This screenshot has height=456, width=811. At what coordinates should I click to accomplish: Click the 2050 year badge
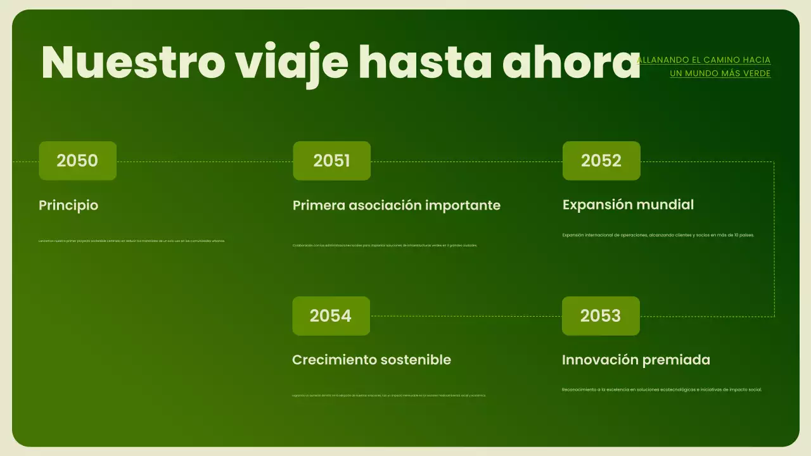tap(77, 161)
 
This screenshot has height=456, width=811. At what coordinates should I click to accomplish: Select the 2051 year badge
tap(331, 161)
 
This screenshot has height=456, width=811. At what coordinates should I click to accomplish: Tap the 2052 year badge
tap(601, 161)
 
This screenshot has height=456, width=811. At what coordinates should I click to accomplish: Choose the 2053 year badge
tap(601, 316)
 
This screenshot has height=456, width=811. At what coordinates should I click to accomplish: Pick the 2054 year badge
tap(331, 316)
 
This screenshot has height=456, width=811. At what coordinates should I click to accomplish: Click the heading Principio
tap(68, 205)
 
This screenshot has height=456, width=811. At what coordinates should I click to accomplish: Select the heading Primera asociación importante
tap(396, 205)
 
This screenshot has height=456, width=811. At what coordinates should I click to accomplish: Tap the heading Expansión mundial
tap(628, 205)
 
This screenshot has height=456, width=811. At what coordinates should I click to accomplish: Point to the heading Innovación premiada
tap(635, 360)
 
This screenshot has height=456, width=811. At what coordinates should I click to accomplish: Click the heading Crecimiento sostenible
tap(371, 360)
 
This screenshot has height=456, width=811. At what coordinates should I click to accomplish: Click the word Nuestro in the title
tap(132, 62)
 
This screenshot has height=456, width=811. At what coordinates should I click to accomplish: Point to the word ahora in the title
tap(571, 62)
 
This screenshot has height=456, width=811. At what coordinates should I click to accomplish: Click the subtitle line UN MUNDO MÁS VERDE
tap(720, 73)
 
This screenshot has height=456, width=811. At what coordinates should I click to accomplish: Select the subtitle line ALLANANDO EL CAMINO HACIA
tap(703, 60)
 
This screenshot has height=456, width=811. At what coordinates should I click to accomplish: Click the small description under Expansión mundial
tap(658, 235)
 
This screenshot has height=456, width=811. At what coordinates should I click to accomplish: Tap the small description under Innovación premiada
tap(661, 389)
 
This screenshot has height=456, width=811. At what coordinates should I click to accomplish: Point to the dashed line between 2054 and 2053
tap(466, 316)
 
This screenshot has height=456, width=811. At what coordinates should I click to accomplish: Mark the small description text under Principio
tap(132, 241)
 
